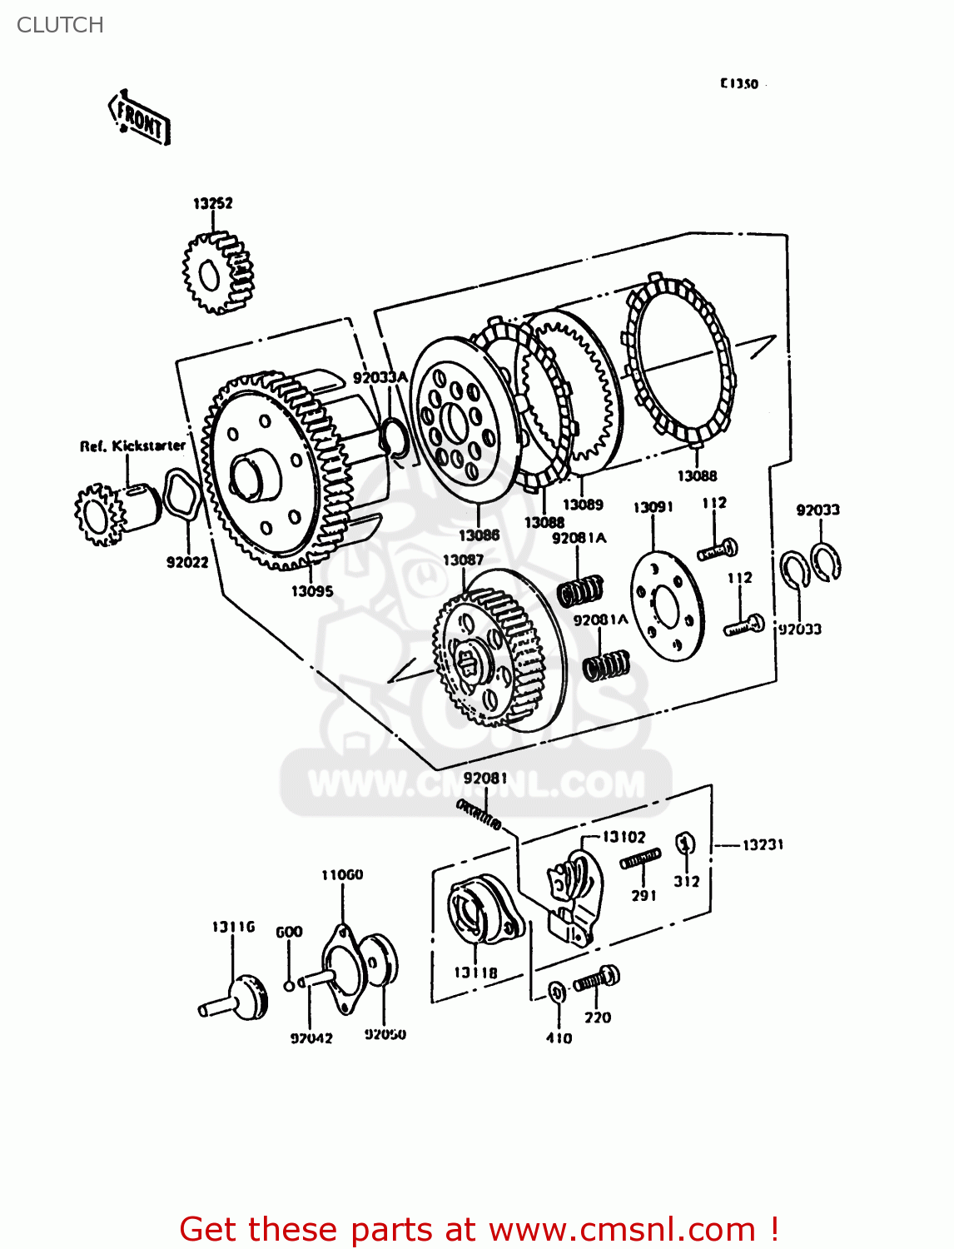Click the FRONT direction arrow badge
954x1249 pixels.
[x=139, y=119]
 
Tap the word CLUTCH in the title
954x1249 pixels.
[x=60, y=25]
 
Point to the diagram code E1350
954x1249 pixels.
[x=739, y=83]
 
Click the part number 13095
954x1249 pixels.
[x=311, y=591]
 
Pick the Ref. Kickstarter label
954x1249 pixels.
[x=132, y=446]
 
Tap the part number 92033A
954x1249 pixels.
[x=380, y=378]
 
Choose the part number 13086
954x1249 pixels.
[x=479, y=535]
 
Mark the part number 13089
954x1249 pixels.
[x=583, y=505]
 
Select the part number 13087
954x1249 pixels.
[x=463, y=560]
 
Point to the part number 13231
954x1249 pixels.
[x=763, y=844]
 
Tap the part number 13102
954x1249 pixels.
[x=624, y=837]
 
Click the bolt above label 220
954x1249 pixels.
[x=597, y=980]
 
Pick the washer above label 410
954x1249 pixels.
[x=558, y=992]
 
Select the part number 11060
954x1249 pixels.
[x=342, y=875]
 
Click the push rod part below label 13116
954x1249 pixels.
[x=236, y=998]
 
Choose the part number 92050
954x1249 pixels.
[x=385, y=1034]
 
